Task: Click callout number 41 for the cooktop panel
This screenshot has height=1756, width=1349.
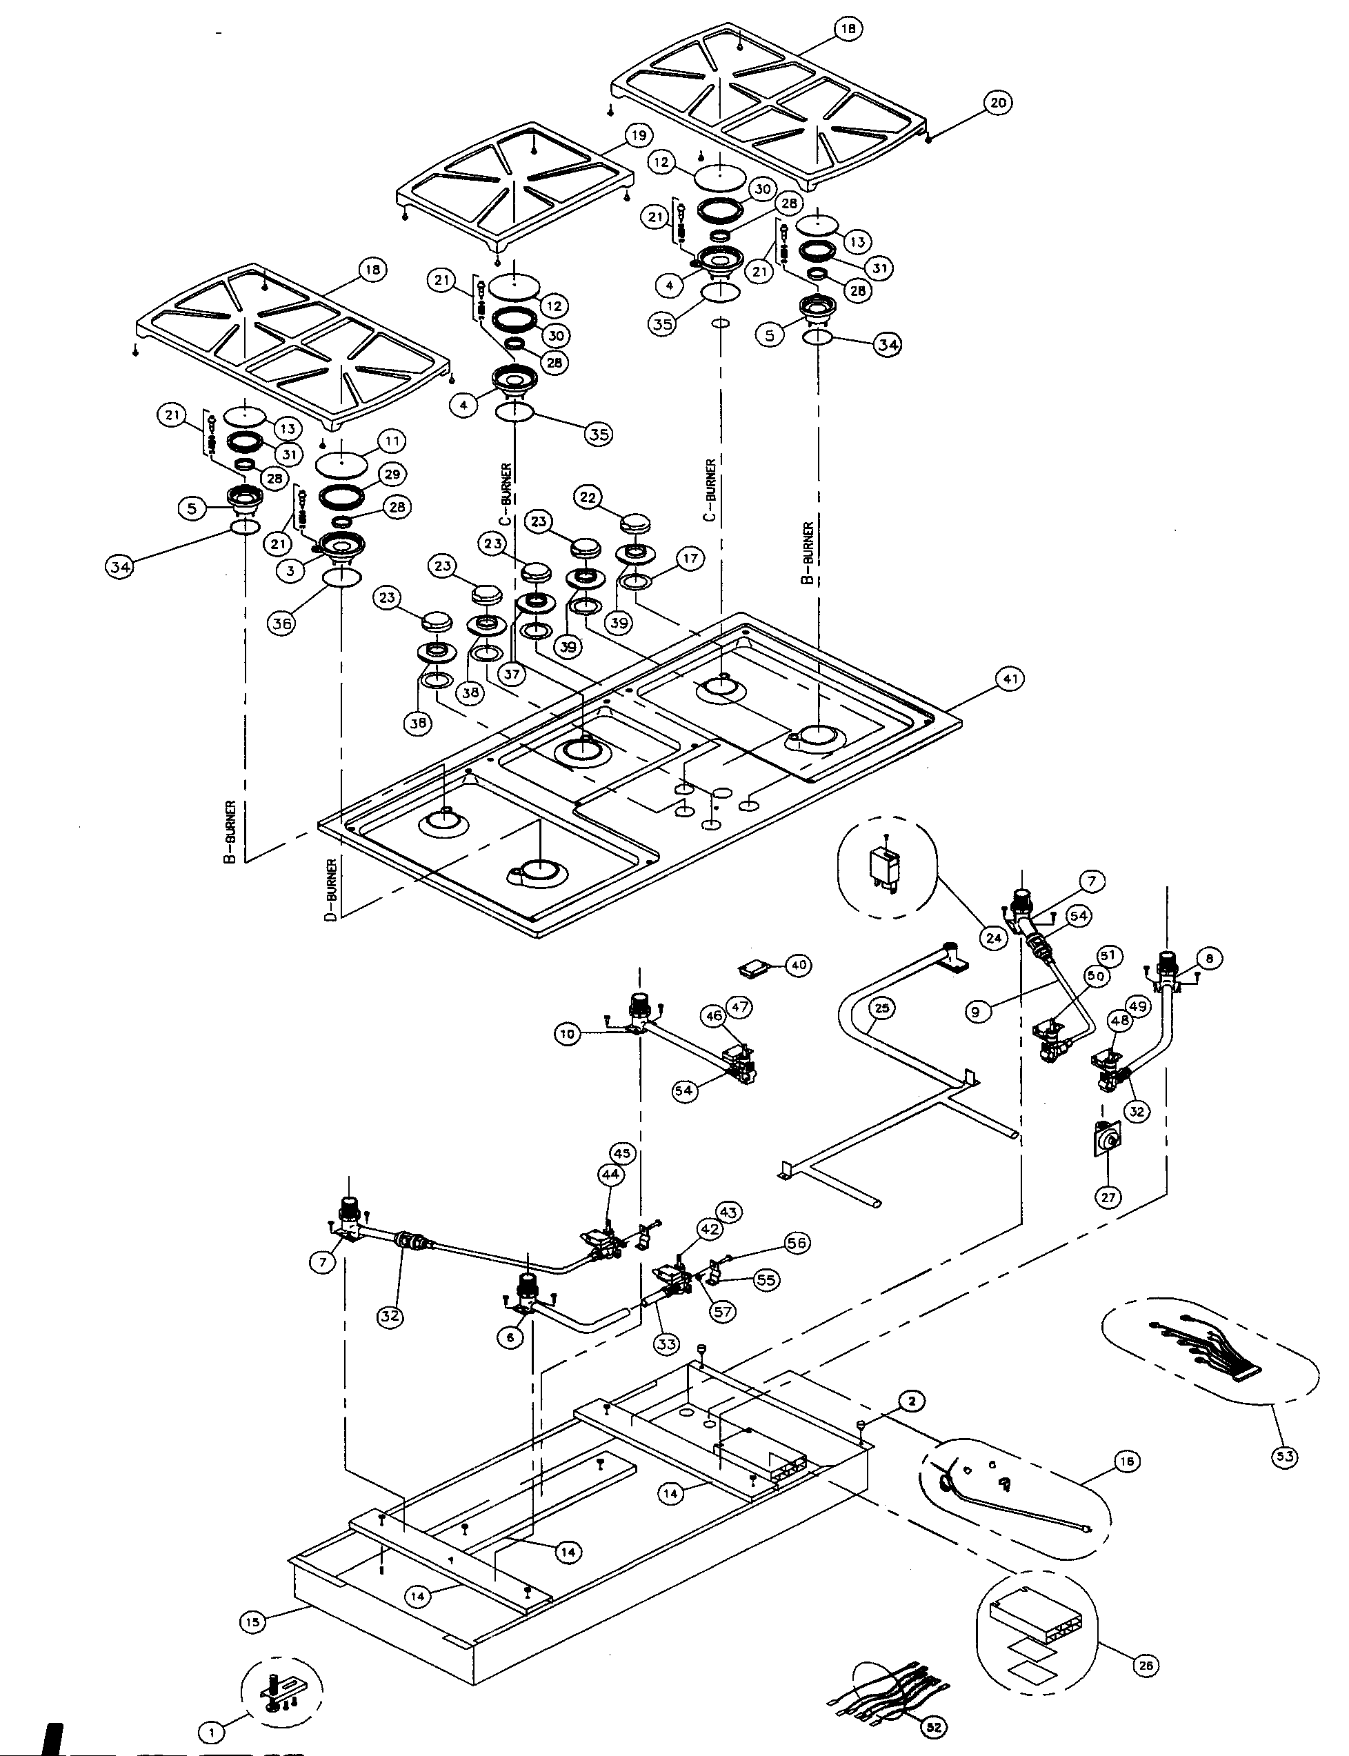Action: [1010, 679]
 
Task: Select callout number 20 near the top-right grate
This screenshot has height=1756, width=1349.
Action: [997, 103]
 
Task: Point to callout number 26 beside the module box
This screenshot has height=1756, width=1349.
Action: [1146, 1665]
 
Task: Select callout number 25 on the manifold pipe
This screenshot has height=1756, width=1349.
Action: [881, 1008]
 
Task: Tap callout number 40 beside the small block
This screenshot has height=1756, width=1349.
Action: [797, 965]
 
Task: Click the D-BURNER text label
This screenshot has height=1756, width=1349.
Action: [332, 890]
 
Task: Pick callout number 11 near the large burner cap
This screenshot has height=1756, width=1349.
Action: [392, 441]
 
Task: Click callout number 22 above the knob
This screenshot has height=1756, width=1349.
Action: [588, 497]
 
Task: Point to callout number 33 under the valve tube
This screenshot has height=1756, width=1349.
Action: [666, 1344]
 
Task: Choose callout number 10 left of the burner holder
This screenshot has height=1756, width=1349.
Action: [568, 1033]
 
